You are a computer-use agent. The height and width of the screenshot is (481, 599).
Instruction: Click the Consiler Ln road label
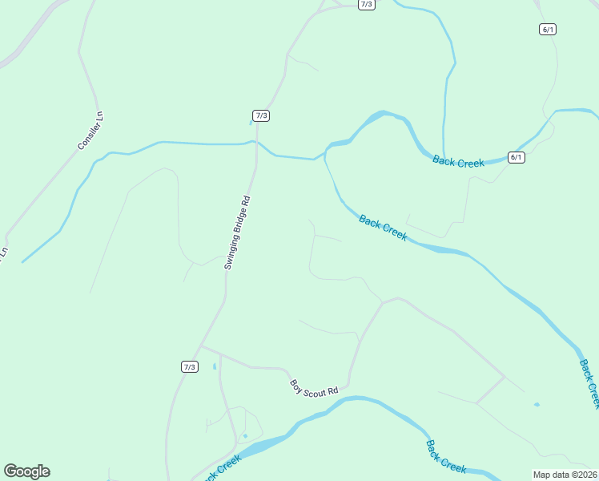[91, 131]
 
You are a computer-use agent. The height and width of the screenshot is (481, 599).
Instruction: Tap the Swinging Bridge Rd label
[238, 232]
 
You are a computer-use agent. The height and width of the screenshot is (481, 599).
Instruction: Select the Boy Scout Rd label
[314, 386]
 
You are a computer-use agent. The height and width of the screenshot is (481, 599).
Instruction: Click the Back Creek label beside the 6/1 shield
[458, 161]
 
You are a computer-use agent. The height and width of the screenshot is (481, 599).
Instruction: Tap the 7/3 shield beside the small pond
[189, 367]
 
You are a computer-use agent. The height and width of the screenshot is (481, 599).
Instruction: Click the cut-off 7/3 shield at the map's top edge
[367, 4]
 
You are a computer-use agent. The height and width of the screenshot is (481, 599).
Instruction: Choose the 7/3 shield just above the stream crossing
[261, 115]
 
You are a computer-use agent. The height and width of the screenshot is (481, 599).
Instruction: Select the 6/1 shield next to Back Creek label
[517, 157]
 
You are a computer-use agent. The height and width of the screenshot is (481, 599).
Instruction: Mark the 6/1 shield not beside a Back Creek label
[548, 29]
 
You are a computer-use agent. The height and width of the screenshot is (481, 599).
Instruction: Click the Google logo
[26, 471]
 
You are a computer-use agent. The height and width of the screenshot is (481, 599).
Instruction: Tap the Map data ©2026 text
[565, 475]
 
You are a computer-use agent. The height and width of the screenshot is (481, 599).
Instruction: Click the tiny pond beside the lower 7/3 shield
[215, 366]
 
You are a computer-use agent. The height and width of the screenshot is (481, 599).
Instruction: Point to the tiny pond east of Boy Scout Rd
[537, 404]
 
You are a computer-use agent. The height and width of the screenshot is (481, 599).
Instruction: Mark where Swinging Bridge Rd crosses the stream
[256, 143]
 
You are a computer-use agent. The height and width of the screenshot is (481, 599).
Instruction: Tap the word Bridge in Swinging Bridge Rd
[238, 233]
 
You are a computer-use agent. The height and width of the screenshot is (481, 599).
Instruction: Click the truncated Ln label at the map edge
[3, 252]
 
